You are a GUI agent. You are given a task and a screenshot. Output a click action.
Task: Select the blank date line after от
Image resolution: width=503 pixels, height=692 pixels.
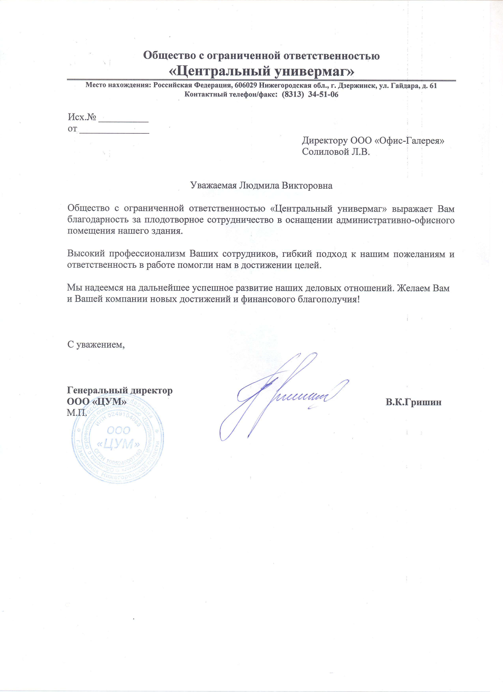pyautogui.click(x=114, y=131)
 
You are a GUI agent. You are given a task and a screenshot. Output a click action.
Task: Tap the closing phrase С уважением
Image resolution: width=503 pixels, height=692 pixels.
pyautogui.click(x=96, y=345)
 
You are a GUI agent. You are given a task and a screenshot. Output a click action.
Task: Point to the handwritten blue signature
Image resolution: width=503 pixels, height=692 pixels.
pyautogui.click(x=284, y=397)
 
